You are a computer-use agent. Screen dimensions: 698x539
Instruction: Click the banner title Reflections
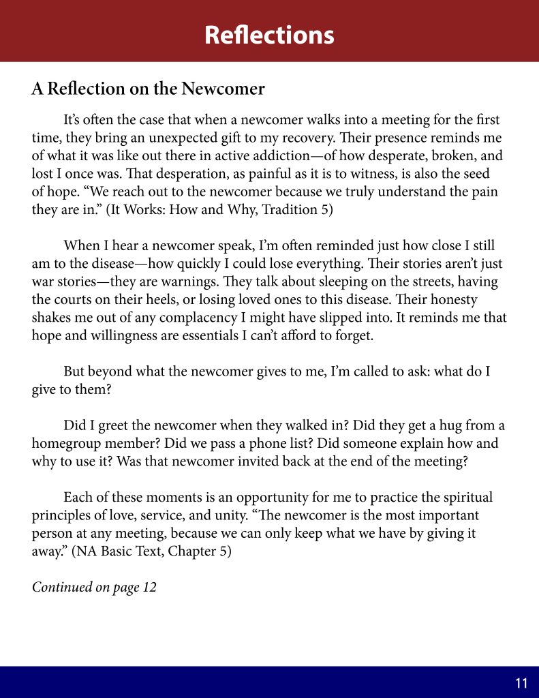[x=269, y=34]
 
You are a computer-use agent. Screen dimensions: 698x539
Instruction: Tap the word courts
[x=74, y=299]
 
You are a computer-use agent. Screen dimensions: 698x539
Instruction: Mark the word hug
[x=437, y=426]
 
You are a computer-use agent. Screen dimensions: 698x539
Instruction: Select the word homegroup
[x=65, y=444]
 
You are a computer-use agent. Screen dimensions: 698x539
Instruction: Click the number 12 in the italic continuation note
[x=149, y=587]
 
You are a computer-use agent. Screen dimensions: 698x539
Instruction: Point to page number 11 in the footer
[x=521, y=683]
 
